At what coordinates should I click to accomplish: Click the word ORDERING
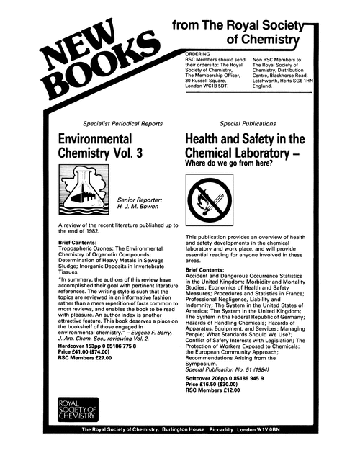click(x=198, y=53)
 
